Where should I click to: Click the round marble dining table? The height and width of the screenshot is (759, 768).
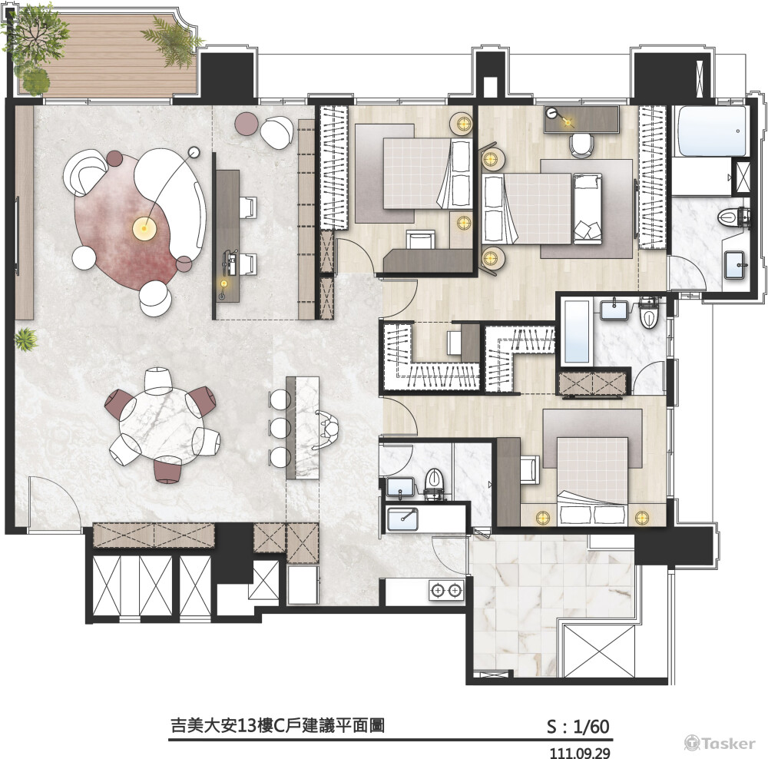(161, 423)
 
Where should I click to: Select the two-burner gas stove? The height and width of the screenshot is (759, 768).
(446, 591)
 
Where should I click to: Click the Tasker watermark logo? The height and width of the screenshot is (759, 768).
(720, 743)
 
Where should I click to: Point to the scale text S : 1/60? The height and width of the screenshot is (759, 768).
(578, 727)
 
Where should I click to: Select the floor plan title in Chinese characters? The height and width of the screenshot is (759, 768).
(277, 726)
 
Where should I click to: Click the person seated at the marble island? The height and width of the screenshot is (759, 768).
(328, 429)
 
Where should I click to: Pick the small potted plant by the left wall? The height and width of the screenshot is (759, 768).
(25, 339)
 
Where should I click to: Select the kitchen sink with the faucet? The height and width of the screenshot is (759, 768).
(402, 519)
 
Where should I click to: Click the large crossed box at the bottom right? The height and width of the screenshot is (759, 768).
(599, 651)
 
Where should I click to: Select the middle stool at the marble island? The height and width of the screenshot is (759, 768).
(280, 428)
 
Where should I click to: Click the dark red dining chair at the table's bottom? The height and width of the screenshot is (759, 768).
(168, 469)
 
